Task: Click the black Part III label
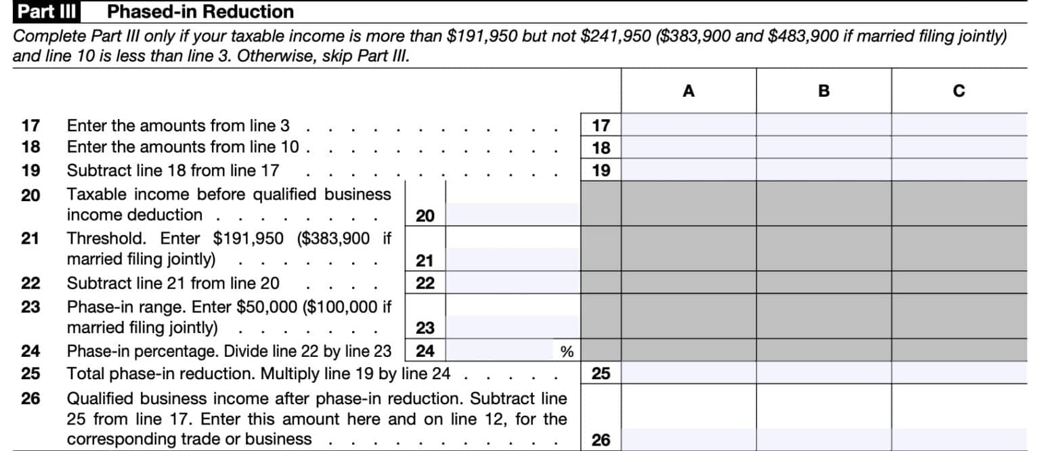click(46, 12)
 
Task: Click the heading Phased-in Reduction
click(200, 12)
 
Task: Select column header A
click(688, 91)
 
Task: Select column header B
click(823, 91)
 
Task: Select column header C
click(959, 91)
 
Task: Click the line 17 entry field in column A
click(688, 125)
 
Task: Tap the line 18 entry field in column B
click(823, 147)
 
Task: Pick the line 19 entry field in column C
click(959, 169)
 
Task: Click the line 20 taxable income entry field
click(513, 215)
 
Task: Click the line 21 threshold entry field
click(513, 259)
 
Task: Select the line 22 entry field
click(513, 282)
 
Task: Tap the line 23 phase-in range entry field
click(513, 327)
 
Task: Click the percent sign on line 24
click(567, 351)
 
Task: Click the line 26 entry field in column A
click(688, 439)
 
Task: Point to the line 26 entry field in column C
click(959, 439)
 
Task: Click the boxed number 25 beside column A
click(601, 372)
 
